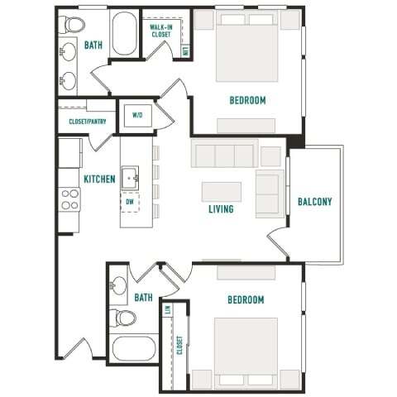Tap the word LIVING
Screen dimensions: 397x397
(x=221, y=209)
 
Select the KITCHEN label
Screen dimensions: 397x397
(x=99, y=179)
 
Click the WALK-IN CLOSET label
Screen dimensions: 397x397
(x=160, y=31)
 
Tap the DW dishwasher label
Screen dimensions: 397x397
(x=130, y=201)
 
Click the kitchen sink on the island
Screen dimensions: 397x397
(x=130, y=177)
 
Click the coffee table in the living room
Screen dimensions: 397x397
(x=221, y=191)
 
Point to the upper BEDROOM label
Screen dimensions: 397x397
(x=248, y=101)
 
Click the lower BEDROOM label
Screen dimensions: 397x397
(x=246, y=299)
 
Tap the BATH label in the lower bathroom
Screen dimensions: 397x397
(x=144, y=297)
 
